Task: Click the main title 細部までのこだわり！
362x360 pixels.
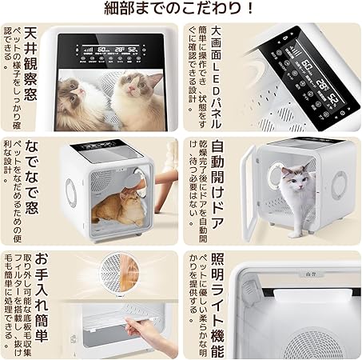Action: point(181,10)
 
